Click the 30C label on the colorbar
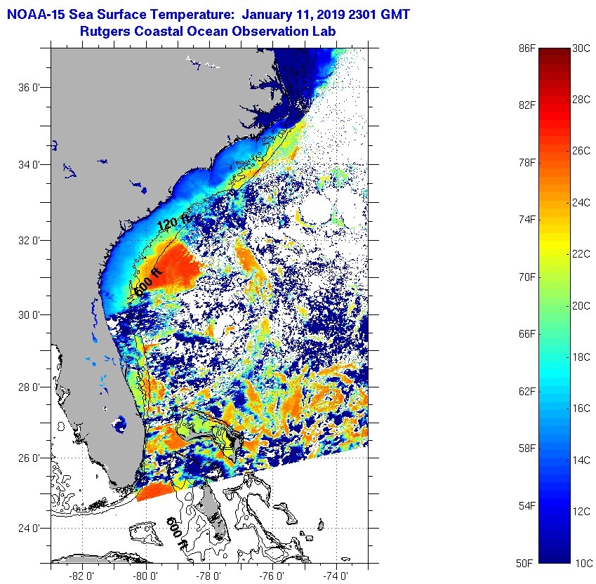click(x=581, y=48)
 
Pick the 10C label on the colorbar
click(x=581, y=563)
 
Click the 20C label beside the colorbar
click(x=581, y=305)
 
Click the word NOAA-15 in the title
click(x=33, y=13)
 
